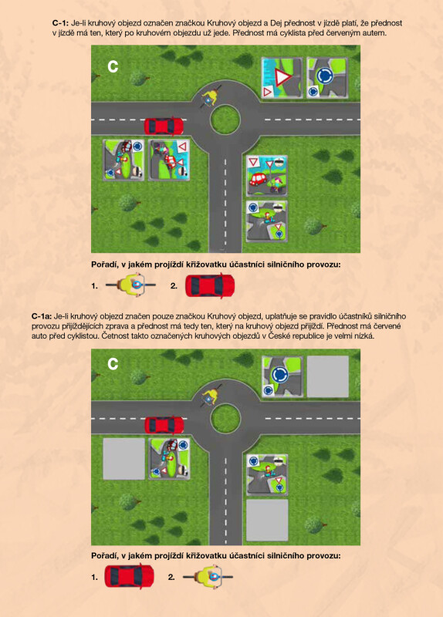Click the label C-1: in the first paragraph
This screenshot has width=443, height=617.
pos(60,23)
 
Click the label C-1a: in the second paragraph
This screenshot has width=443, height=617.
pos(42,316)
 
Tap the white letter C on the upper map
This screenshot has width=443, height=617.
pos(113,67)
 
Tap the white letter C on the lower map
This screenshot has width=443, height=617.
pos(113,364)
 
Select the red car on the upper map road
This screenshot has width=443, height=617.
pos(164,126)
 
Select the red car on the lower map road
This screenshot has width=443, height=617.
pos(164,425)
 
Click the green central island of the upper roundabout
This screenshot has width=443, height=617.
pos(225,120)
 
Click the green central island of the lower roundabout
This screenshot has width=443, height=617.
pos(225,418)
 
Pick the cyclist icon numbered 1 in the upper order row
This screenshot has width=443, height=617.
pos(131,285)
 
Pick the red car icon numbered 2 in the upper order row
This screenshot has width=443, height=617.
pos(210,286)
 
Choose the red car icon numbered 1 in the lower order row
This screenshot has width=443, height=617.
pos(129,576)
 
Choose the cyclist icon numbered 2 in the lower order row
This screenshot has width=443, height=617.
pos(208,577)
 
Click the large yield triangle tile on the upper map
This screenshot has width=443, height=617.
pos(282,78)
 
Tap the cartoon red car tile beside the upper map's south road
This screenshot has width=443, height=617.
pos(266,176)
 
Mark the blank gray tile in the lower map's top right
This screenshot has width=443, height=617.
pos(328,376)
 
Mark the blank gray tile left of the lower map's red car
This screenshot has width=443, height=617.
pos(123,459)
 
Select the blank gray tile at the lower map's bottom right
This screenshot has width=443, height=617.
pos(267,520)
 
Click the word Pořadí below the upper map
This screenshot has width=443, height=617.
pos(104,265)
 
